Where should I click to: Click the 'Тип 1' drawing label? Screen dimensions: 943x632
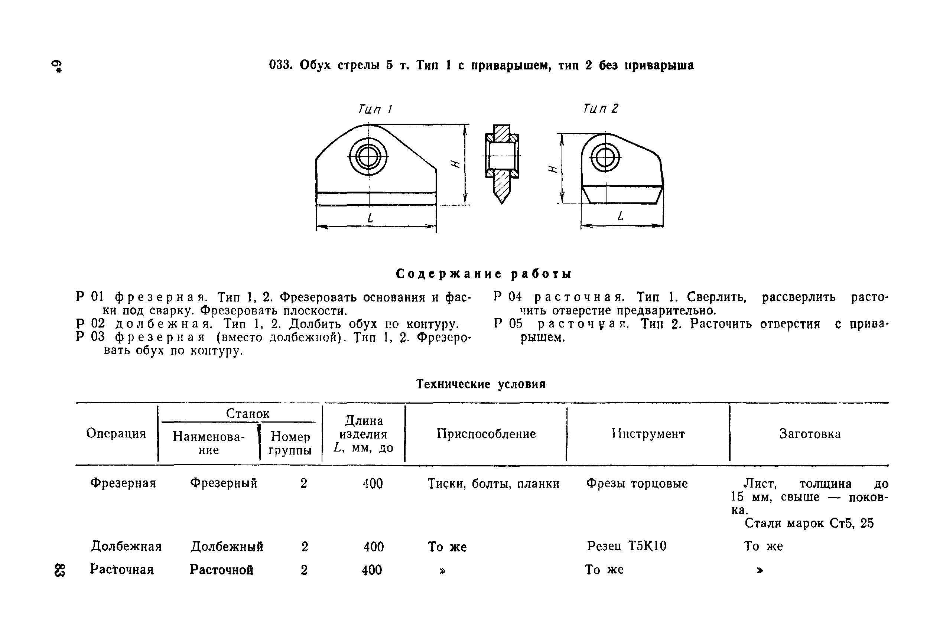(375, 109)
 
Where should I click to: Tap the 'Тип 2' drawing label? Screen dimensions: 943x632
(600, 108)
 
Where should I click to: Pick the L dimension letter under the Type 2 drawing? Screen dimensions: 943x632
(621, 216)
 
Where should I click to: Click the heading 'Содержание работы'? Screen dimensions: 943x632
(484, 274)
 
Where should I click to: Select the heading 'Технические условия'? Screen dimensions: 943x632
(481, 384)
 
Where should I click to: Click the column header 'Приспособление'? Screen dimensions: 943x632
(486, 434)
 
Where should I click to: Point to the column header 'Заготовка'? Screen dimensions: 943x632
(810, 434)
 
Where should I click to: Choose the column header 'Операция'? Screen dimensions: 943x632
(116, 433)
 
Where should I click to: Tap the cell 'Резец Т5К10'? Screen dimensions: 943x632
(627, 546)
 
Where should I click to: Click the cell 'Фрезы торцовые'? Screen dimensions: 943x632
(637, 483)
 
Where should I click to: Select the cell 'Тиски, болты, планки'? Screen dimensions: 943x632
(493, 484)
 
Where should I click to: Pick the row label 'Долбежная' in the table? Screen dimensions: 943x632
(126, 547)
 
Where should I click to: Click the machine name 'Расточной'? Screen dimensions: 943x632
(221, 570)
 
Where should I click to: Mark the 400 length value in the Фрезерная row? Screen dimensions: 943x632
(373, 484)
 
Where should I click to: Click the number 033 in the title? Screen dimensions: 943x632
(280, 65)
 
